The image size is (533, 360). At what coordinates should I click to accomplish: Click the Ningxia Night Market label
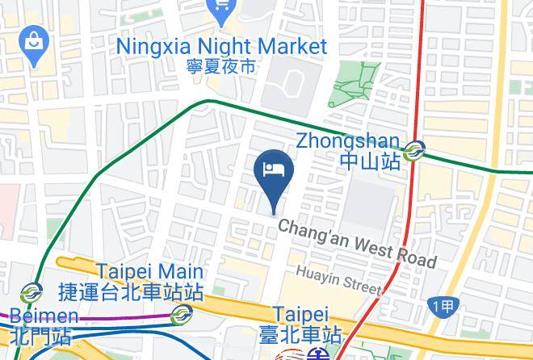coord(221,45)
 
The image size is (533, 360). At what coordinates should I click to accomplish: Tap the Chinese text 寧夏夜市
coord(221,65)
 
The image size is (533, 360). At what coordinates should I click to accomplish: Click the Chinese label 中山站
coord(370,161)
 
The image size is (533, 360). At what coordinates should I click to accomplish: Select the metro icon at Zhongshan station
coord(416,150)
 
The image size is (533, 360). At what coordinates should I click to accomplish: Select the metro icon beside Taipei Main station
coord(182,313)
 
